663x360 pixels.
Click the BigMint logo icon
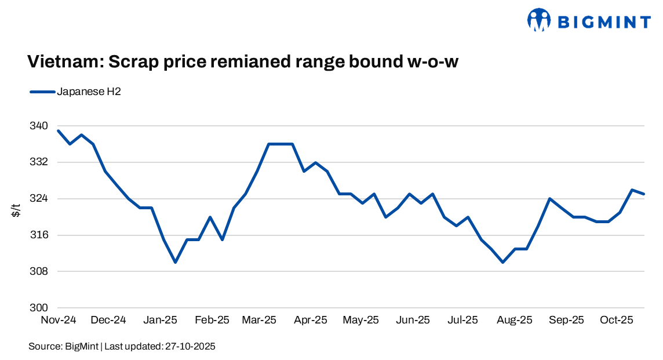(538, 20)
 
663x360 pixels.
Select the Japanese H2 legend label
(89, 92)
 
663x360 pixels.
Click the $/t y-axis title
(17, 212)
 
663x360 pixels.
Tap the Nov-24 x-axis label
(58, 320)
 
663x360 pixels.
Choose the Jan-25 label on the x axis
(161, 320)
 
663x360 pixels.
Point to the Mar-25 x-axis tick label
(260, 320)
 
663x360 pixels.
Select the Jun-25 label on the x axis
(413, 320)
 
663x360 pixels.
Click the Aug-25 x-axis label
(515, 320)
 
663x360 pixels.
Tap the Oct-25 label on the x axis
(617, 320)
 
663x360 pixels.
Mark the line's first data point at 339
(58, 130)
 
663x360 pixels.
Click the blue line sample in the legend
(41, 92)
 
